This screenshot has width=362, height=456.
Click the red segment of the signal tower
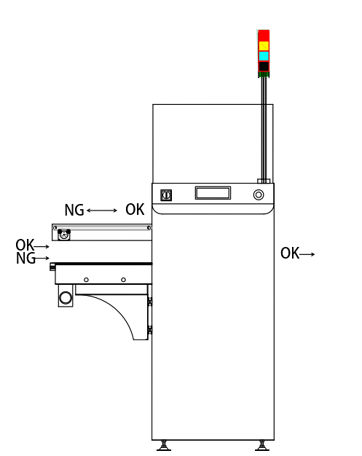click(x=264, y=35)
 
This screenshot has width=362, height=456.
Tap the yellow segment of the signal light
click(x=264, y=46)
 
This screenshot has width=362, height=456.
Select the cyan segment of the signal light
click(x=264, y=56)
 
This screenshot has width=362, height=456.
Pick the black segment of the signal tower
click(x=264, y=66)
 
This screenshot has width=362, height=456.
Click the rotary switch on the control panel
click(x=166, y=195)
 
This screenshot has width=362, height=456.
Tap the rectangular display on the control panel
click(x=213, y=193)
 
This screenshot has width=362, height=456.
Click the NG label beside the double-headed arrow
click(x=74, y=211)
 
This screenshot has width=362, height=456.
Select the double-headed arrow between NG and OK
click(x=102, y=211)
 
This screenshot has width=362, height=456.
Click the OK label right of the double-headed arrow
click(x=135, y=209)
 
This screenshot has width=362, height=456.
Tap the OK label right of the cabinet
click(x=290, y=253)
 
